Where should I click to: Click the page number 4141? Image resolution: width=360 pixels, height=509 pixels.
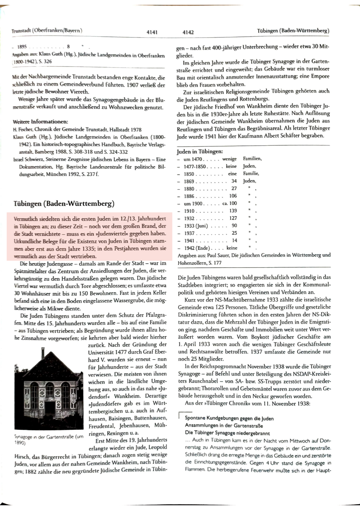click(x=152, y=32)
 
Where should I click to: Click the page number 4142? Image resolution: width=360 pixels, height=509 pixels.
click(x=188, y=32)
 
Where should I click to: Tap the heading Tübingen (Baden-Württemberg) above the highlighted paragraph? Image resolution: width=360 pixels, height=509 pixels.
click(x=64, y=203)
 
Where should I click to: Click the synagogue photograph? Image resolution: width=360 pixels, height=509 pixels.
click(x=49, y=388)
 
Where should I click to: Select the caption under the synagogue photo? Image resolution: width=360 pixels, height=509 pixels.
click(x=48, y=439)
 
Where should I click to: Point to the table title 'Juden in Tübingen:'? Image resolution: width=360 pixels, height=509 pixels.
click(x=200, y=151)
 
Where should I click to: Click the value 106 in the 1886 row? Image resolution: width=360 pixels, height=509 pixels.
click(x=233, y=196)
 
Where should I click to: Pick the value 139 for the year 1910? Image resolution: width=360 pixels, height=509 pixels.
click(x=233, y=211)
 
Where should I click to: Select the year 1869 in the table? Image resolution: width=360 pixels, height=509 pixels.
click(x=189, y=181)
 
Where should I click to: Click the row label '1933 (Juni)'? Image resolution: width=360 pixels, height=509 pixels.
click(x=196, y=226)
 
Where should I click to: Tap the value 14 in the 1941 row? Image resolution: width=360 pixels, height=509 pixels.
click(x=234, y=241)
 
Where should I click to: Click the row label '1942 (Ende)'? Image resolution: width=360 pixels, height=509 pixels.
click(x=196, y=248)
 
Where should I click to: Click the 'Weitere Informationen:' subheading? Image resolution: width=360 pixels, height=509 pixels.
click(x=40, y=122)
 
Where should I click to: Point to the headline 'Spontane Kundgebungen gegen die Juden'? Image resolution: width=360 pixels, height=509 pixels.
click(x=229, y=418)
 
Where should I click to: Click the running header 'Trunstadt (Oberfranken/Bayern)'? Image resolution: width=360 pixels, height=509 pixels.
click(x=47, y=31)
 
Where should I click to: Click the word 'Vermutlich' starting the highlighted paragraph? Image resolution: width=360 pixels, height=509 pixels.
click(x=25, y=219)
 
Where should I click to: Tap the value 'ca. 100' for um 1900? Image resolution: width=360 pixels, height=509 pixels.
click(x=229, y=203)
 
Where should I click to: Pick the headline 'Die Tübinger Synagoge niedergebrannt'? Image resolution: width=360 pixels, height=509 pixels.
click(x=227, y=433)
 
